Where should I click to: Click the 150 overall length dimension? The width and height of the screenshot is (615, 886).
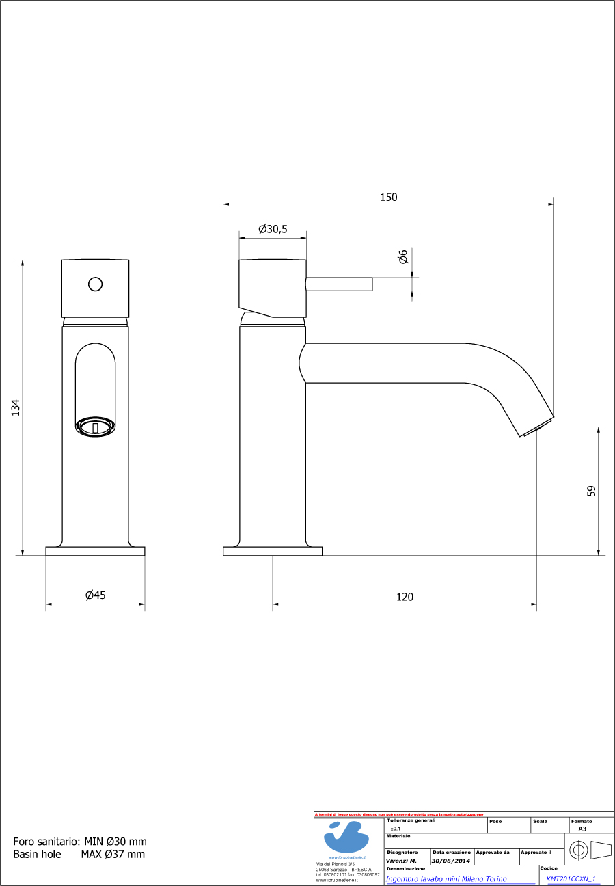click(388, 197)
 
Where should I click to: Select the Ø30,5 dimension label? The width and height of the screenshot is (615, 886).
click(272, 230)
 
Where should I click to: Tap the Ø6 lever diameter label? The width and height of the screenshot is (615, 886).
click(403, 257)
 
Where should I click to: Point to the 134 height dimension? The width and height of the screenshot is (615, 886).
click(16, 407)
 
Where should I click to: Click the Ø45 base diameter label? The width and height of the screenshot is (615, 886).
click(96, 595)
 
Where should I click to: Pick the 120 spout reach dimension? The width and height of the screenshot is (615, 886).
click(405, 597)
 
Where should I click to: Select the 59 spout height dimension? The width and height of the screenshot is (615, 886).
click(591, 491)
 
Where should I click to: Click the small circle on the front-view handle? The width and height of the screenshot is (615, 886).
click(96, 284)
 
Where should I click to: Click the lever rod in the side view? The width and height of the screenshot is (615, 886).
click(340, 284)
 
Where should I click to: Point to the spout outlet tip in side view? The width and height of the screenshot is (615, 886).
click(538, 427)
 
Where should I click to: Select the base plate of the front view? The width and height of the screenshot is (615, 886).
click(95, 551)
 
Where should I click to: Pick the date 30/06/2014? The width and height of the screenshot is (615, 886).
click(450, 861)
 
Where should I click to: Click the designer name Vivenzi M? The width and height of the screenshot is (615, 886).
click(401, 861)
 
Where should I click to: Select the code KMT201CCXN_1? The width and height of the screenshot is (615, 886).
click(571, 879)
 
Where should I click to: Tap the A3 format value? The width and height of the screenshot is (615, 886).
click(582, 828)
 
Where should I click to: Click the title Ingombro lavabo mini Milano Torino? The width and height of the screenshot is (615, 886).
click(446, 879)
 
